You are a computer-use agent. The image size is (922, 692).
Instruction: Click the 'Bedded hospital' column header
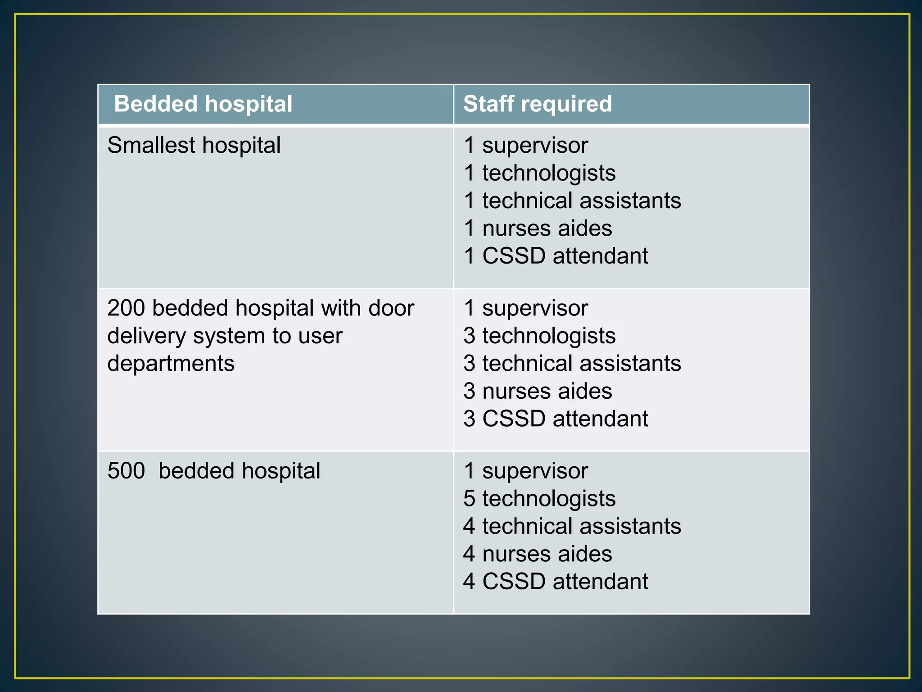tap(203, 104)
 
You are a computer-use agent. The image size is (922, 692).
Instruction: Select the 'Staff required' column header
tap(538, 104)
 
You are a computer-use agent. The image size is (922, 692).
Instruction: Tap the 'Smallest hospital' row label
tap(194, 146)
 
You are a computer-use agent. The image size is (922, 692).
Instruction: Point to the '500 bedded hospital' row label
tap(214, 471)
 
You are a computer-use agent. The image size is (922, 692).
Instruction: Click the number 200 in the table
tap(126, 308)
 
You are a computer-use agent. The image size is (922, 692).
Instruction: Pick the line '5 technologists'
tap(539, 499)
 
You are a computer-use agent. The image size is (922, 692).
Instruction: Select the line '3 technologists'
tap(539, 336)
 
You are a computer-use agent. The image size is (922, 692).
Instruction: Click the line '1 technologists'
tap(539, 173)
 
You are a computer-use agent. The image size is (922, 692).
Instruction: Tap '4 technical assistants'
tap(572, 526)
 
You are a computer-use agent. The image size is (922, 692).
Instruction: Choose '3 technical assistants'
tap(572, 364)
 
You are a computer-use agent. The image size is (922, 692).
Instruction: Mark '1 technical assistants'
tap(572, 201)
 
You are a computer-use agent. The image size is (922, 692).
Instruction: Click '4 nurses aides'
tap(538, 554)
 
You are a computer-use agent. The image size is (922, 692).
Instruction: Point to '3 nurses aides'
tap(538, 391)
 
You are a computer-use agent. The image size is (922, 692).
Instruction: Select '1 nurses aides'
tap(538, 228)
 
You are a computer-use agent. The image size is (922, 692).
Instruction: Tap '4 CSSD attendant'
tap(556, 582)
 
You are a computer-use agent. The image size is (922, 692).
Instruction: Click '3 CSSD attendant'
tap(556, 419)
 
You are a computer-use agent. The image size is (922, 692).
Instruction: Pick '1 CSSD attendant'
tap(556, 256)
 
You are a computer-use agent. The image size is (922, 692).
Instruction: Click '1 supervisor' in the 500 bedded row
tap(526, 471)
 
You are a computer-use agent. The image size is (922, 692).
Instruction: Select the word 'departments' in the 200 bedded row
tap(171, 364)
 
